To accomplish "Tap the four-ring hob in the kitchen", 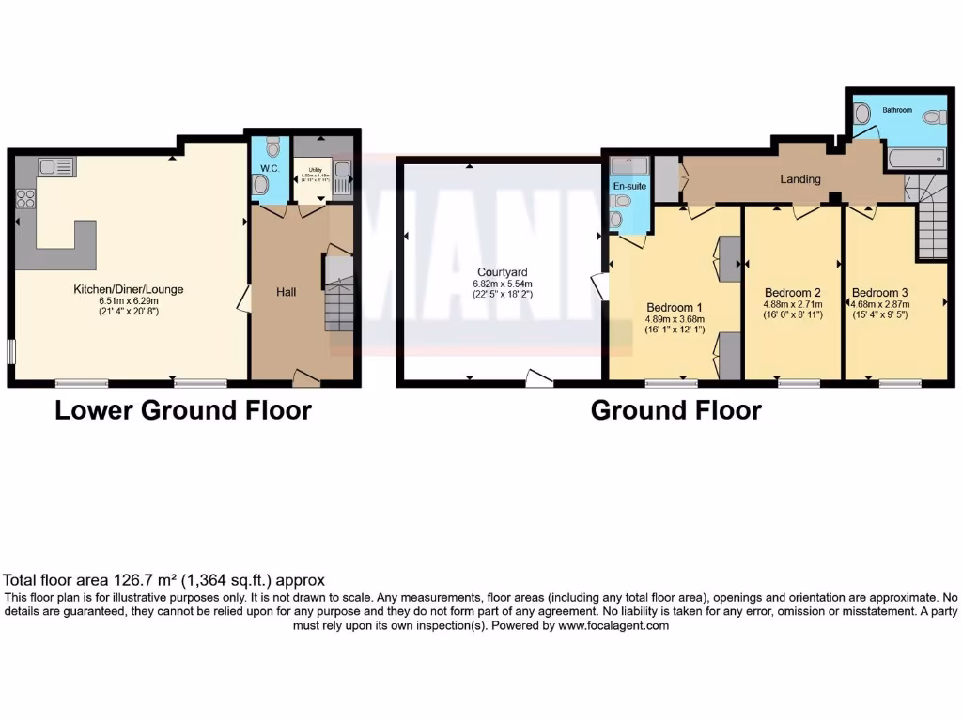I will pyautogui.click(x=26, y=199).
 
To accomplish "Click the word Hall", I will pyautogui.click(x=286, y=293).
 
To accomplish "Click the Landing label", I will pyautogui.click(x=800, y=179).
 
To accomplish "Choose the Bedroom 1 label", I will pyautogui.click(x=674, y=307).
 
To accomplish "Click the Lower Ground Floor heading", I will pyautogui.click(x=183, y=410).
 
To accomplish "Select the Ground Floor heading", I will pyautogui.click(x=675, y=410).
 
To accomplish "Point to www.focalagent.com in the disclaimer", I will pyautogui.click(x=613, y=625).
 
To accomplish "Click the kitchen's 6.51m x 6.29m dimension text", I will pyautogui.click(x=129, y=300).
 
